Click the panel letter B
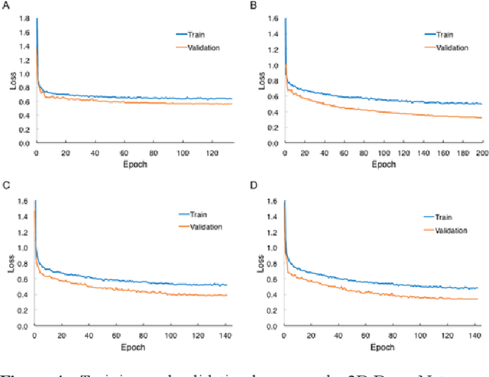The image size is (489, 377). (254, 6)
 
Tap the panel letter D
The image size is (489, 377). (254, 185)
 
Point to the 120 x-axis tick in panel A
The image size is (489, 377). (209, 152)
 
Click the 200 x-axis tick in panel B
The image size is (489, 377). (479, 152)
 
